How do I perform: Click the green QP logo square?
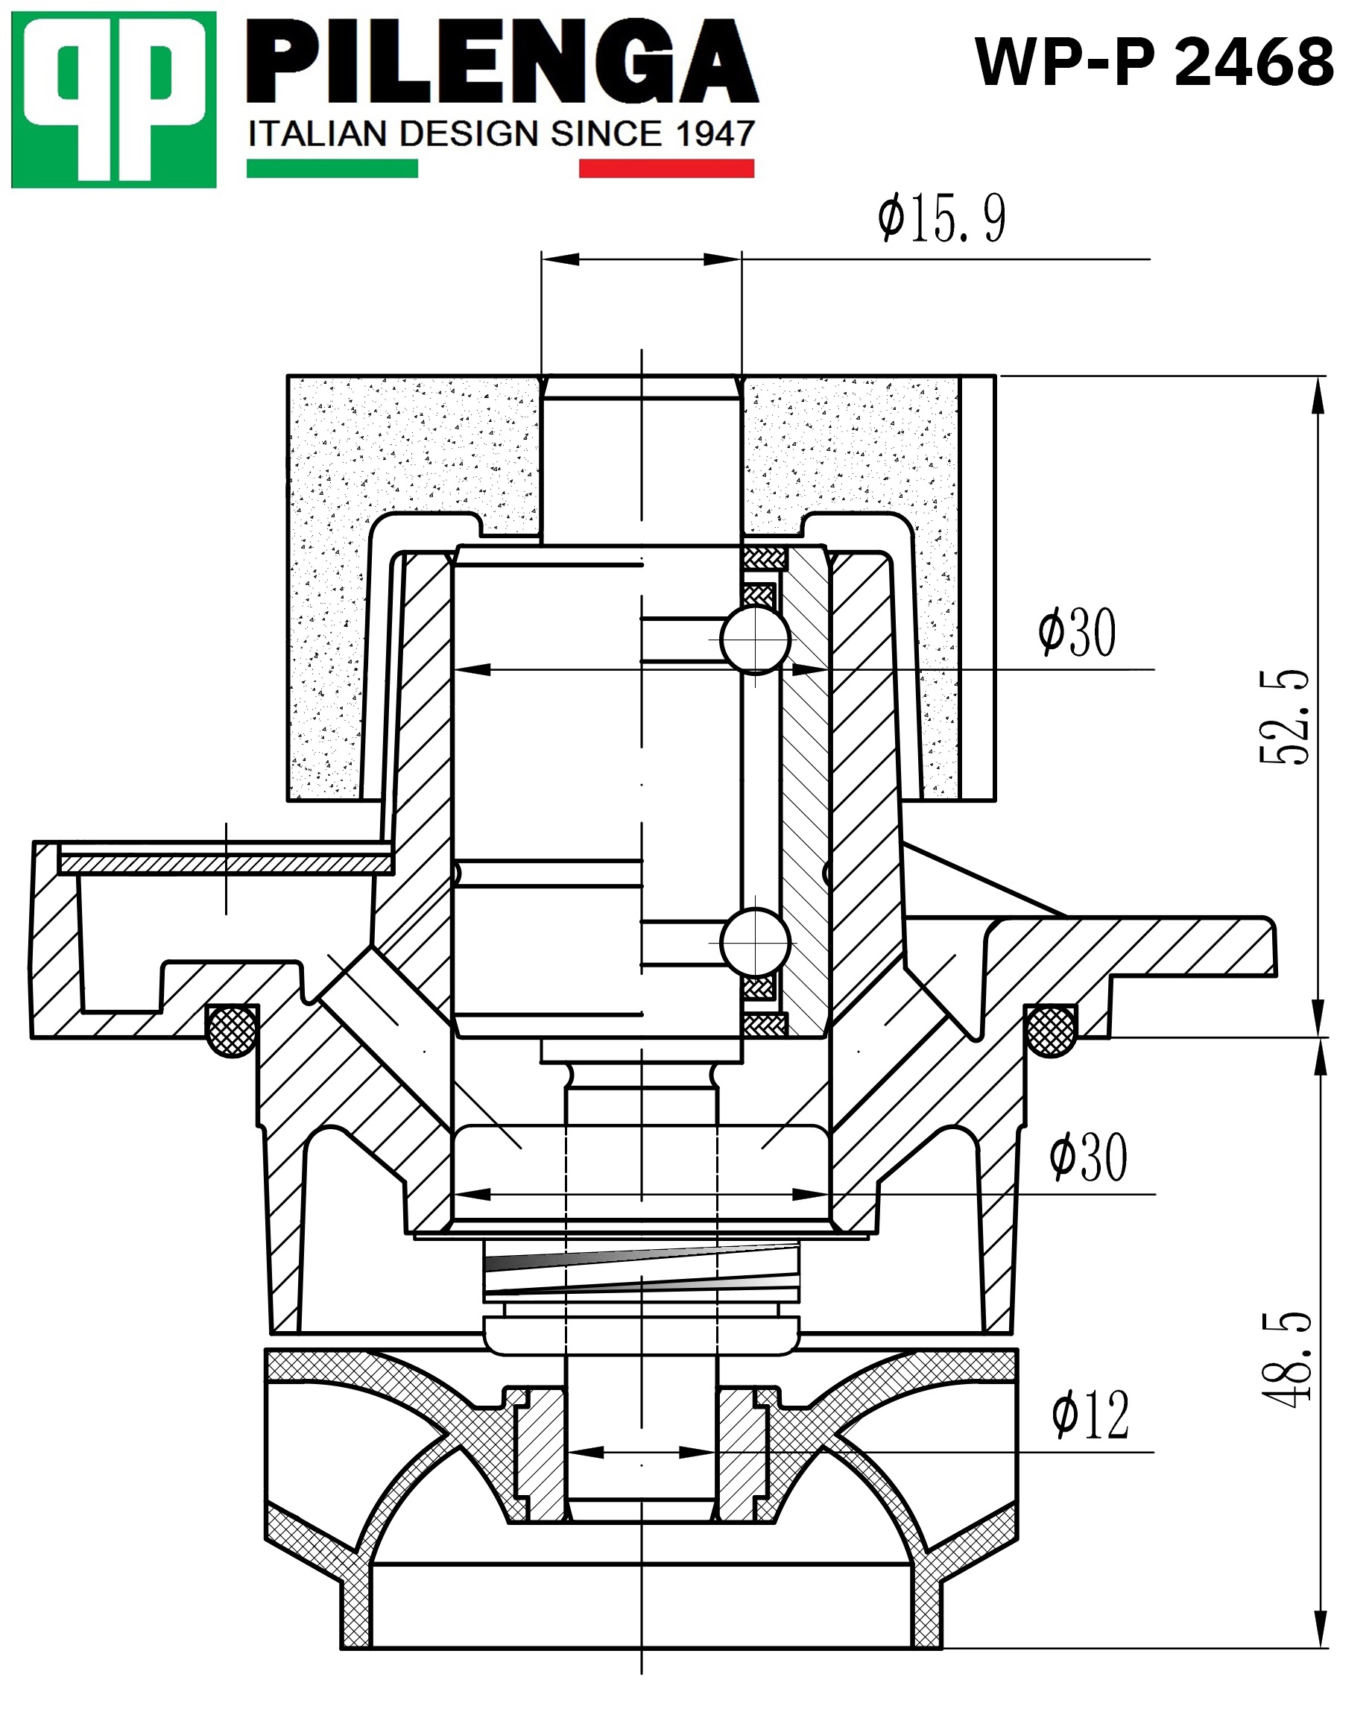click(113, 99)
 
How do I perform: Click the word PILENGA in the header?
click(502, 63)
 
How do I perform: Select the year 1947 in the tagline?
click(715, 133)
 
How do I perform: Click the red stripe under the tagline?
click(666, 168)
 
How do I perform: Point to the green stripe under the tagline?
click(332, 168)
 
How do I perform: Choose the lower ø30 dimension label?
click(1087, 1158)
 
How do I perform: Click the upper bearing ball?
click(756, 639)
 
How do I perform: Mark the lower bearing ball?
click(756, 943)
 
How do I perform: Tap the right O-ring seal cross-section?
click(1051, 1031)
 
